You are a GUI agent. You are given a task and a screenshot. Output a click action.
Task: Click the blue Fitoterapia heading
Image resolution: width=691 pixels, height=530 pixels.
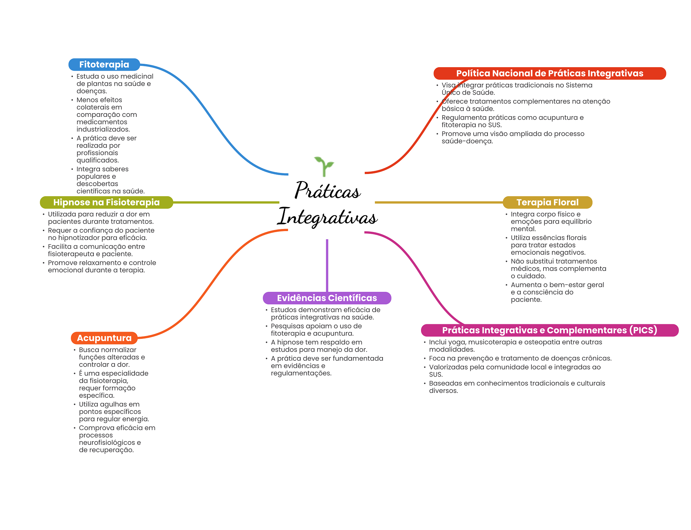(104, 65)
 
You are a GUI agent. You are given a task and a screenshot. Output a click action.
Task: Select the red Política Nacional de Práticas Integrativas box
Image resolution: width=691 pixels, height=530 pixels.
(549, 73)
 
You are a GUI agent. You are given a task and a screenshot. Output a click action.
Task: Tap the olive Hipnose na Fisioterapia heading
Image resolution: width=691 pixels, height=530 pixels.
(106, 202)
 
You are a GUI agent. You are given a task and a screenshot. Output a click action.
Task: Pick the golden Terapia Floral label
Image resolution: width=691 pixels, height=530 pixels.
(547, 202)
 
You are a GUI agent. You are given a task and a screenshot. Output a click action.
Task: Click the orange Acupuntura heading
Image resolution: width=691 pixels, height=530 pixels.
(104, 338)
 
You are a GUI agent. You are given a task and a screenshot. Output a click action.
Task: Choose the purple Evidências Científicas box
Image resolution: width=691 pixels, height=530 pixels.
(327, 298)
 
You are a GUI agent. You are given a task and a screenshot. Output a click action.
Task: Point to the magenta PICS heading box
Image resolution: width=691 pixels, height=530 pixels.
(549, 330)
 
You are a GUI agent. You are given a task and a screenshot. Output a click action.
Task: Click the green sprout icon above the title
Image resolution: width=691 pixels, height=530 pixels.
(324, 166)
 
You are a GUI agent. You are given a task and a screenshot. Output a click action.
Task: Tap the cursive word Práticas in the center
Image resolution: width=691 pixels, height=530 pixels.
(328, 191)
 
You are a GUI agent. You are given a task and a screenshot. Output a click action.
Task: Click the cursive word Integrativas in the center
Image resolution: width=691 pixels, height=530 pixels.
(327, 217)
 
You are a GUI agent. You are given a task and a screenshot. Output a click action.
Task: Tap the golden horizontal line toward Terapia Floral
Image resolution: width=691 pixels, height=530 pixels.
(439, 202)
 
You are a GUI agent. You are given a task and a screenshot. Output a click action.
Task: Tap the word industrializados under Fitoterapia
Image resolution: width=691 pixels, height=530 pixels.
(103, 129)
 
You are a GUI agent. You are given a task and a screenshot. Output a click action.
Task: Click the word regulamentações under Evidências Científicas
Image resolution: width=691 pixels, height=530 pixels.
(301, 373)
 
